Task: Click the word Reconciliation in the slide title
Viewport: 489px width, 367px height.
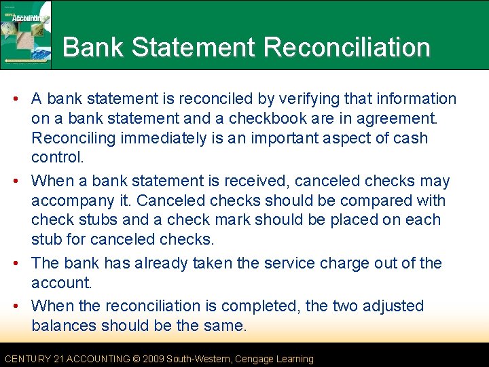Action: [346, 48]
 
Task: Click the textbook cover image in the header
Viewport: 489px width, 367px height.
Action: [26, 35]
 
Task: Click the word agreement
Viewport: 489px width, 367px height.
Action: [395, 119]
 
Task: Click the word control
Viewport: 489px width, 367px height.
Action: [58, 158]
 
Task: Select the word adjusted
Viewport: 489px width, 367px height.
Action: [391, 307]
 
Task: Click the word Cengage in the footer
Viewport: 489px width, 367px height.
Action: [253, 359]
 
